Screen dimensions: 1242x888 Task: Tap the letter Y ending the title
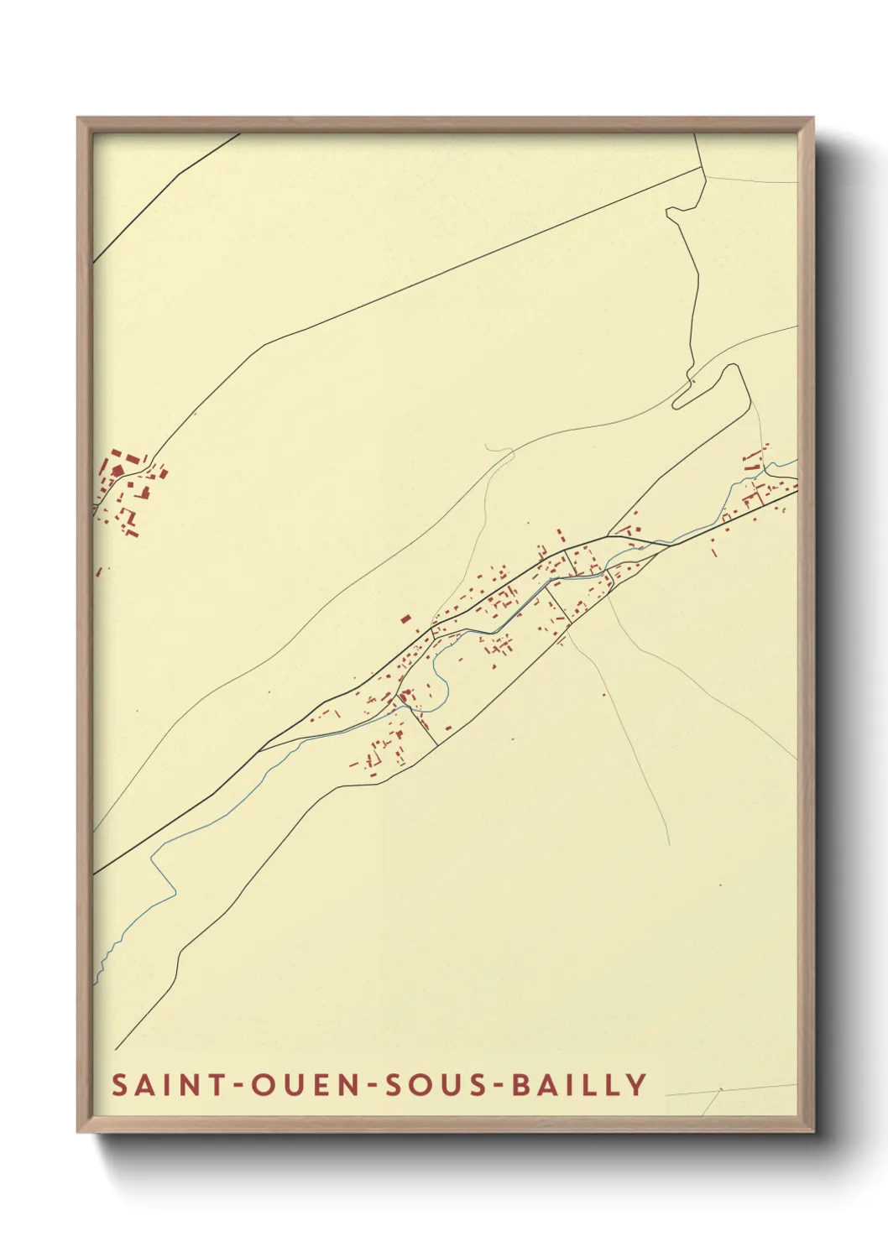tap(636, 1084)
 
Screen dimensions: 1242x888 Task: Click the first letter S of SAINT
tap(119, 1084)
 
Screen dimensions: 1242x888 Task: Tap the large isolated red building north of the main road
tap(405, 618)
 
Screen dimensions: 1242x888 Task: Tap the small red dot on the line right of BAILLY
tap(720, 1090)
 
